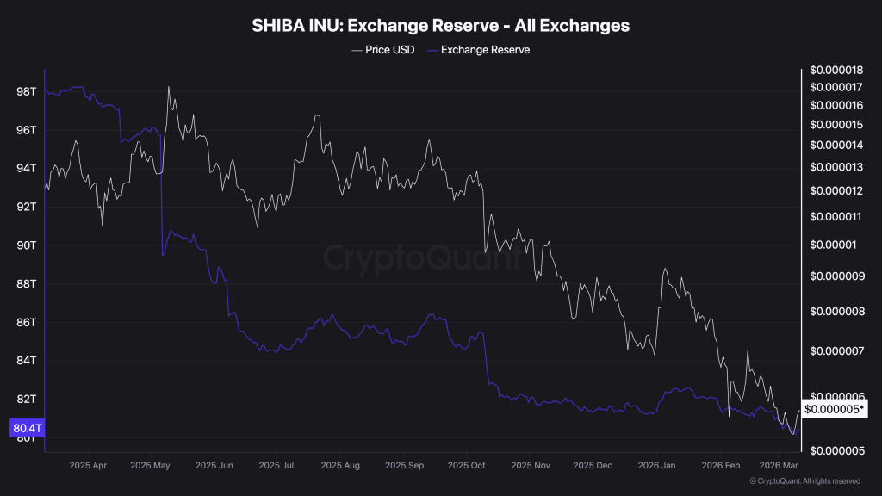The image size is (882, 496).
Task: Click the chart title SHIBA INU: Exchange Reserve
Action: (x=440, y=26)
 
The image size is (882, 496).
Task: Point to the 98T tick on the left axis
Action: (x=26, y=91)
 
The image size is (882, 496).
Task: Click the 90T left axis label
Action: (x=26, y=245)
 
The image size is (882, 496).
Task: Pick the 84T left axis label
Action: (x=26, y=361)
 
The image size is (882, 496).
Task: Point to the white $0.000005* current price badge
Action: (x=835, y=409)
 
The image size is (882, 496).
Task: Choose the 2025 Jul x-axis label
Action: (x=277, y=466)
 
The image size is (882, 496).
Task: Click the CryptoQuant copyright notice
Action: (x=804, y=481)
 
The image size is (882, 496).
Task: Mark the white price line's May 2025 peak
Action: (x=168, y=86)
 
